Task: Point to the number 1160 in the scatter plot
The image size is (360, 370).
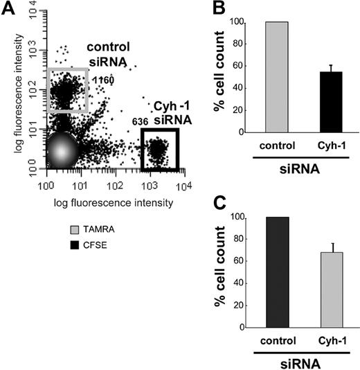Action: tap(102, 80)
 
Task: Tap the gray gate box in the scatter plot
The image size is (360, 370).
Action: tap(67, 90)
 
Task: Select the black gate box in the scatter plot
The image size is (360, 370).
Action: tap(159, 150)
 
